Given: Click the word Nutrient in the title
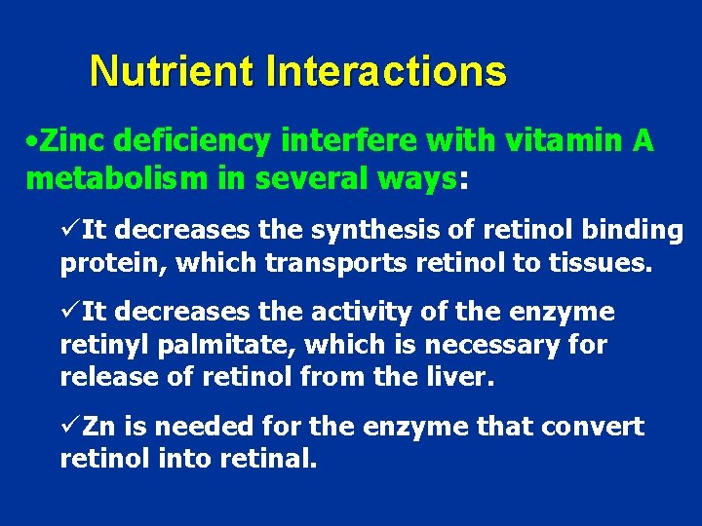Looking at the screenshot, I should (x=172, y=72).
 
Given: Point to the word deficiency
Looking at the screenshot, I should (x=193, y=142).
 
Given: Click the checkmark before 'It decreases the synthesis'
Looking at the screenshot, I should (x=69, y=229).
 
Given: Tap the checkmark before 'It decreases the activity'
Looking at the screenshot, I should (x=69, y=312).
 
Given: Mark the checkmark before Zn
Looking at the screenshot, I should (x=69, y=427).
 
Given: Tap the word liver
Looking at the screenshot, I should (x=462, y=378).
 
